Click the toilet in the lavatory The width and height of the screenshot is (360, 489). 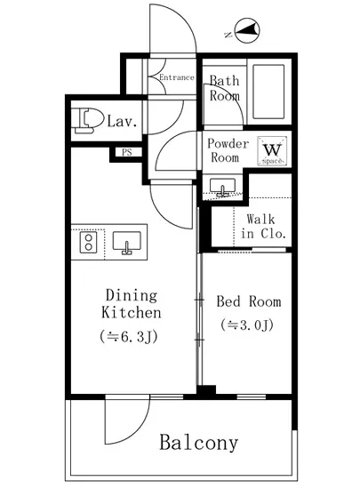tap(87, 121)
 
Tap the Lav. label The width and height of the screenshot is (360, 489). tap(122, 121)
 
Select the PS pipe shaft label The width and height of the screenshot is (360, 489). tap(126, 152)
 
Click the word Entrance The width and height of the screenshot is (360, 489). tap(177, 77)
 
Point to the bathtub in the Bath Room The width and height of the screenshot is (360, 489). tap(268, 92)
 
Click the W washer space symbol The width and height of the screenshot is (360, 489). tap(272, 150)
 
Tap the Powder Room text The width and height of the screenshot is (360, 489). tap(228, 150)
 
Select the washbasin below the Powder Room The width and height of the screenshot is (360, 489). tap(222, 187)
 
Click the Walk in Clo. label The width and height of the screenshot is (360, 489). tap(262, 226)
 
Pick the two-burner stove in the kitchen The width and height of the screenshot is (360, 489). tap(89, 243)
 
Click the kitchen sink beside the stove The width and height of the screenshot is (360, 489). tap(126, 243)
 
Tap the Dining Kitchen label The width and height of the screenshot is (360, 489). tap(132, 304)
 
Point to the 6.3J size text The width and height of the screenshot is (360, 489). tap(128, 337)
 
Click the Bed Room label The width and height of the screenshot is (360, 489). tap(249, 301)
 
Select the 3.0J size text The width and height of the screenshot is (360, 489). tap(247, 325)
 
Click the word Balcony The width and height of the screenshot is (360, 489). tap(199, 442)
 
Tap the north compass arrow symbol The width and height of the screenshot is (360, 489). tap(247, 30)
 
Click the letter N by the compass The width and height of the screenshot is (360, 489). tap(228, 35)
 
